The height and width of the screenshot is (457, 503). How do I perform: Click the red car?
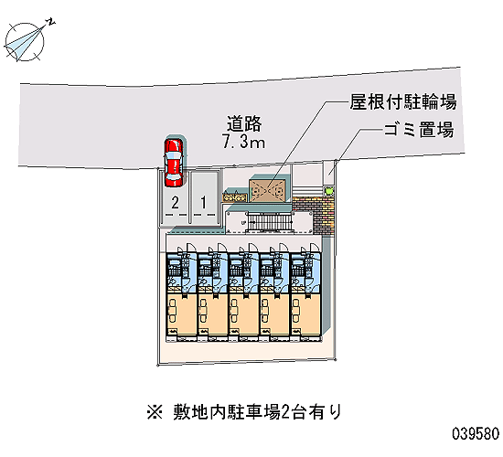pyautogui.click(x=173, y=163)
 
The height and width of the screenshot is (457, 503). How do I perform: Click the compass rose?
pyautogui.click(x=25, y=42)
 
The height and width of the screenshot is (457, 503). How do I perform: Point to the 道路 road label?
pyautogui.click(x=244, y=123)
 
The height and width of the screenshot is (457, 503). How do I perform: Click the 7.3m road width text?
pyautogui.click(x=244, y=142)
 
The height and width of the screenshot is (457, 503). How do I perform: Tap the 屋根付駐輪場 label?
pyautogui.click(x=403, y=102)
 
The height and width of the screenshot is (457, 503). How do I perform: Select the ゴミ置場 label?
pyautogui.click(x=419, y=130)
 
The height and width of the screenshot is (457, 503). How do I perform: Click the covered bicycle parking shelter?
pyautogui.click(x=268, y=191)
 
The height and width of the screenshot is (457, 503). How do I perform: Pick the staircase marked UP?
pyautogui.click(x=270, y=222)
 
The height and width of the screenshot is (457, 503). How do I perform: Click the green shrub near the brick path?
pyautogui.click(x=328, y=191)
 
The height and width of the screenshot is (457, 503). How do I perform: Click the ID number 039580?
pyautogui.click(x=476, y=434)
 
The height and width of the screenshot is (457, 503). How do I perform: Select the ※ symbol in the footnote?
pyautogui.click(x=155, y=413)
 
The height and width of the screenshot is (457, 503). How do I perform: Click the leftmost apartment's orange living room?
pyautogui.click(x=181, y=314)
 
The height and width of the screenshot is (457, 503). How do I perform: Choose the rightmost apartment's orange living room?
pyautogui.click(x=306, y=314)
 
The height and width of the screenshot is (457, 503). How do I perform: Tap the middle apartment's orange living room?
pyautogui.click(x=244, y=314)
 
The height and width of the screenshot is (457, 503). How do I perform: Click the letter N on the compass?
pyautogui.click(x=50, y=22)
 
